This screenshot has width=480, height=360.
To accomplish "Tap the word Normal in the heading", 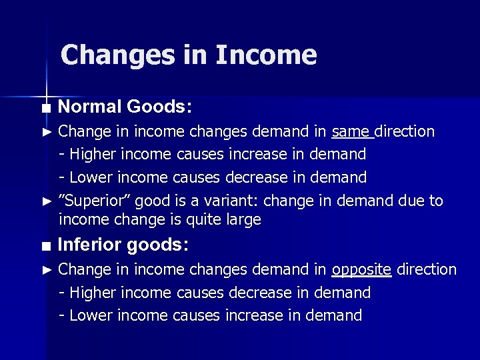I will (x=89, y=107).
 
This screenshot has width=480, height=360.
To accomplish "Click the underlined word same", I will (x=351, y=131).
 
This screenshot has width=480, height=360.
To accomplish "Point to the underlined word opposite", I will (x=361, y=270).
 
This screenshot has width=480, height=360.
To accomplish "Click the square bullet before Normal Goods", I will (x=45, y=108).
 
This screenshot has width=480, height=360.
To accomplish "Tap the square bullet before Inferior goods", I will (x=45, y=246).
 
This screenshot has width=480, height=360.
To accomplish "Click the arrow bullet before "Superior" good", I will (x=46, y=201).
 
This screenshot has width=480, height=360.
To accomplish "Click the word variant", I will (x=219, y=201).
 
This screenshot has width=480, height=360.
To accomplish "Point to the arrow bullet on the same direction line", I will (x=46, y=132).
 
